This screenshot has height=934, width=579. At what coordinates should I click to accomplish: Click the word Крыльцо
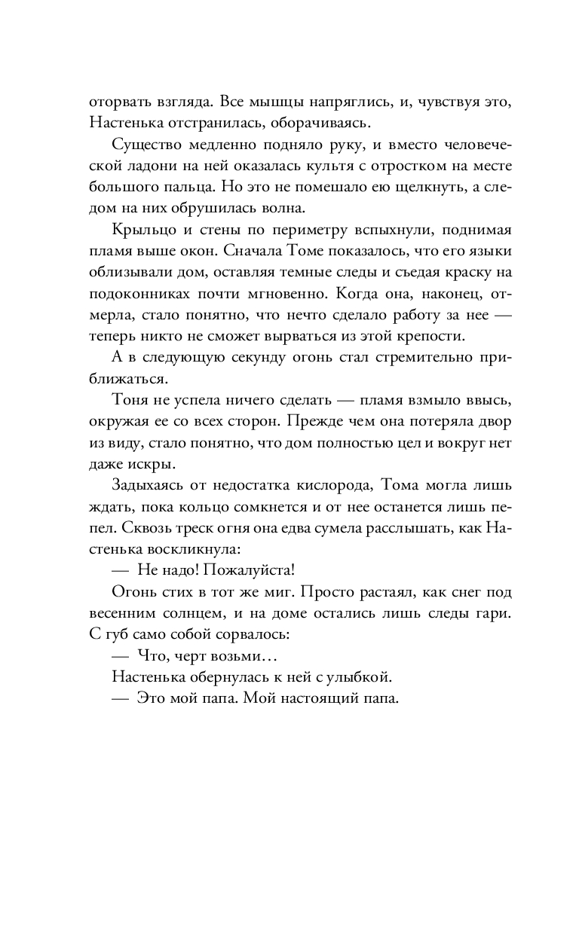pyautogui.click(x=140, y=229)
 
